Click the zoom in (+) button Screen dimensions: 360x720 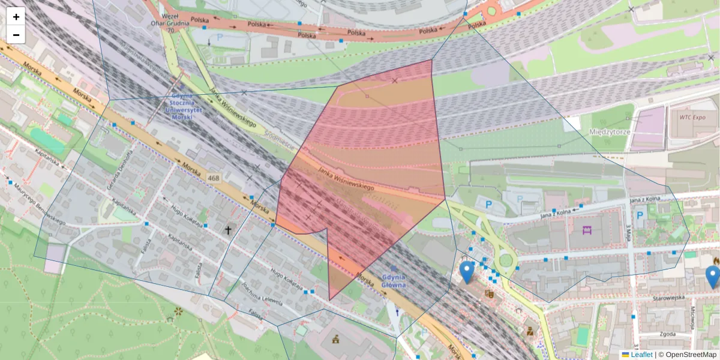[x=16, y=17]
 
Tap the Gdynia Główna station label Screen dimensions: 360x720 [x=393, y=281]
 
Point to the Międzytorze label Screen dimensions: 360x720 [x=592, y=132]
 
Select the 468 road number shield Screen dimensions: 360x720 [x=214, y=178]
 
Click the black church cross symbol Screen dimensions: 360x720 [x=228, y=229]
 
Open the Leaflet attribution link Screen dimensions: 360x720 [x=641, y=355]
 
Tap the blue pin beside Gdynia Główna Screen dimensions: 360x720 [x=467, y=272]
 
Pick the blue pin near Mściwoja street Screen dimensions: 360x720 [x=712, y=277]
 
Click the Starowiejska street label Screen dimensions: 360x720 [x=668, y=298]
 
